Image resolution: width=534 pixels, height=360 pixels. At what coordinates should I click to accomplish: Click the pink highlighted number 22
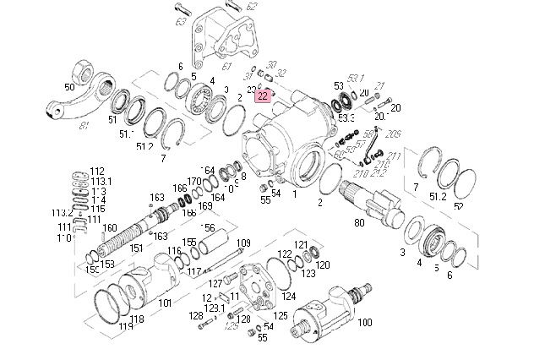(x=263, y=96)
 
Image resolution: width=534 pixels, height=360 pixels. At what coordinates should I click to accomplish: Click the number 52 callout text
(x=458, y=206)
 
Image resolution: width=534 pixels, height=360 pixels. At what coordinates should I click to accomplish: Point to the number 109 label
(x=243, y=243)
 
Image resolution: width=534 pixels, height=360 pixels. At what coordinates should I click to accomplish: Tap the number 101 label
(x=165, y=302)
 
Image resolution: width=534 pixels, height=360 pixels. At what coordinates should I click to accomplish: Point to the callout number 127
(x=215, y=282)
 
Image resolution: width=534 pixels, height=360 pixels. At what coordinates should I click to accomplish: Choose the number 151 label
(x=136, y=248)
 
